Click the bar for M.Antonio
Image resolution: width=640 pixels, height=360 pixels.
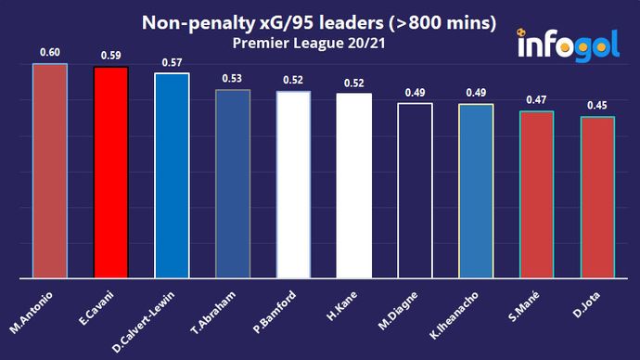tap(50, 171)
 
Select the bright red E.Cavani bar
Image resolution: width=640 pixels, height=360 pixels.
tap(110, 173)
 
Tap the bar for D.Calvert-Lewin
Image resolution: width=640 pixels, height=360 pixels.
tap(172, 175)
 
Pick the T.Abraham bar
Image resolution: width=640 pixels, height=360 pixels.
tap(233, 184)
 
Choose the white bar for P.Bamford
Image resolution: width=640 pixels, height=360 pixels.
tap(293, 185)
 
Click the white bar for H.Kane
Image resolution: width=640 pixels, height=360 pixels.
tap(354, 186)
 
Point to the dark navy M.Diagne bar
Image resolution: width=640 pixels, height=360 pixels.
tap(415, 190)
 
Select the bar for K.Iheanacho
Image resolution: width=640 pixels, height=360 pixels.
tap(476, 191)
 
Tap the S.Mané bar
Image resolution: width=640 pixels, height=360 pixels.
tap(536, 195)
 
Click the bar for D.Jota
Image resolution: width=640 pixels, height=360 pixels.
tap(597, 198)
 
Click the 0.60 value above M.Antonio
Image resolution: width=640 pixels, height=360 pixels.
tap(50, 54)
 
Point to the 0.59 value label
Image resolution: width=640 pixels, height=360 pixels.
tap(110, 57)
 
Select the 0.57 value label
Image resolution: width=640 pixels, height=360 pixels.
tap(172, 63)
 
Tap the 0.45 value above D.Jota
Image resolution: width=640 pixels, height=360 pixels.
tap(597, 106)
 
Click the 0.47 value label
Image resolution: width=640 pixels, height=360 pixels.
tap(536, 100)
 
